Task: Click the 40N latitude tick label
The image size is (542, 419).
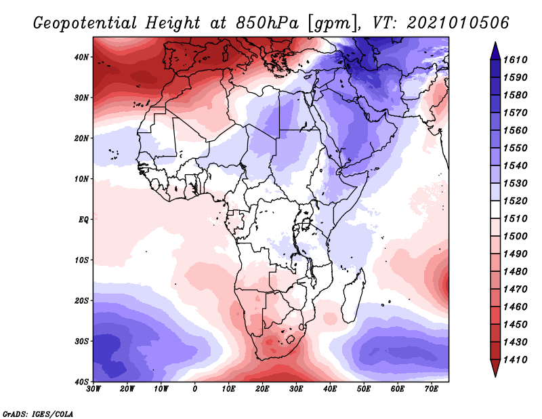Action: (x=81, y=57)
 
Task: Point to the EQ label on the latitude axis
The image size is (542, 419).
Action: (x=83, y=220)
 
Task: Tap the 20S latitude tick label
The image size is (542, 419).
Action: (x=81, y=300)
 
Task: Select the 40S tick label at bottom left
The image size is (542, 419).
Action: (x=81, y=382)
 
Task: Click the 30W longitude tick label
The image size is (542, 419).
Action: (x=93, y=389)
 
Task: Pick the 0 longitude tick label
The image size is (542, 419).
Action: (x=195, y=389)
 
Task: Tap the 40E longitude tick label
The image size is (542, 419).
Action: (x=330, y=389)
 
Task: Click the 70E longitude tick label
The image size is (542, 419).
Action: (x=432, y=389)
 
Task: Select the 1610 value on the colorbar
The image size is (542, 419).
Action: (x=515, y=60)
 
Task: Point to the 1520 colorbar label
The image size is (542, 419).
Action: (x=515, y=201)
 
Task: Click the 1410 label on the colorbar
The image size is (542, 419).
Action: (x=515, y=360)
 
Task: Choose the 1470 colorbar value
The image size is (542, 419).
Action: (x=515, y=290)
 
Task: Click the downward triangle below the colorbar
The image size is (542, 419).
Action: (x=495, y=367)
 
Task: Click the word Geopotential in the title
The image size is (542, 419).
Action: (x=85, y=24)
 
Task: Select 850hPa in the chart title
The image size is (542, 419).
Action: (x=267, y=23)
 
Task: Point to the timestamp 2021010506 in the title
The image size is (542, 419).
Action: (x=458, y=23)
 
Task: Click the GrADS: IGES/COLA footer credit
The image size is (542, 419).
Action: (x=38, y=414)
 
